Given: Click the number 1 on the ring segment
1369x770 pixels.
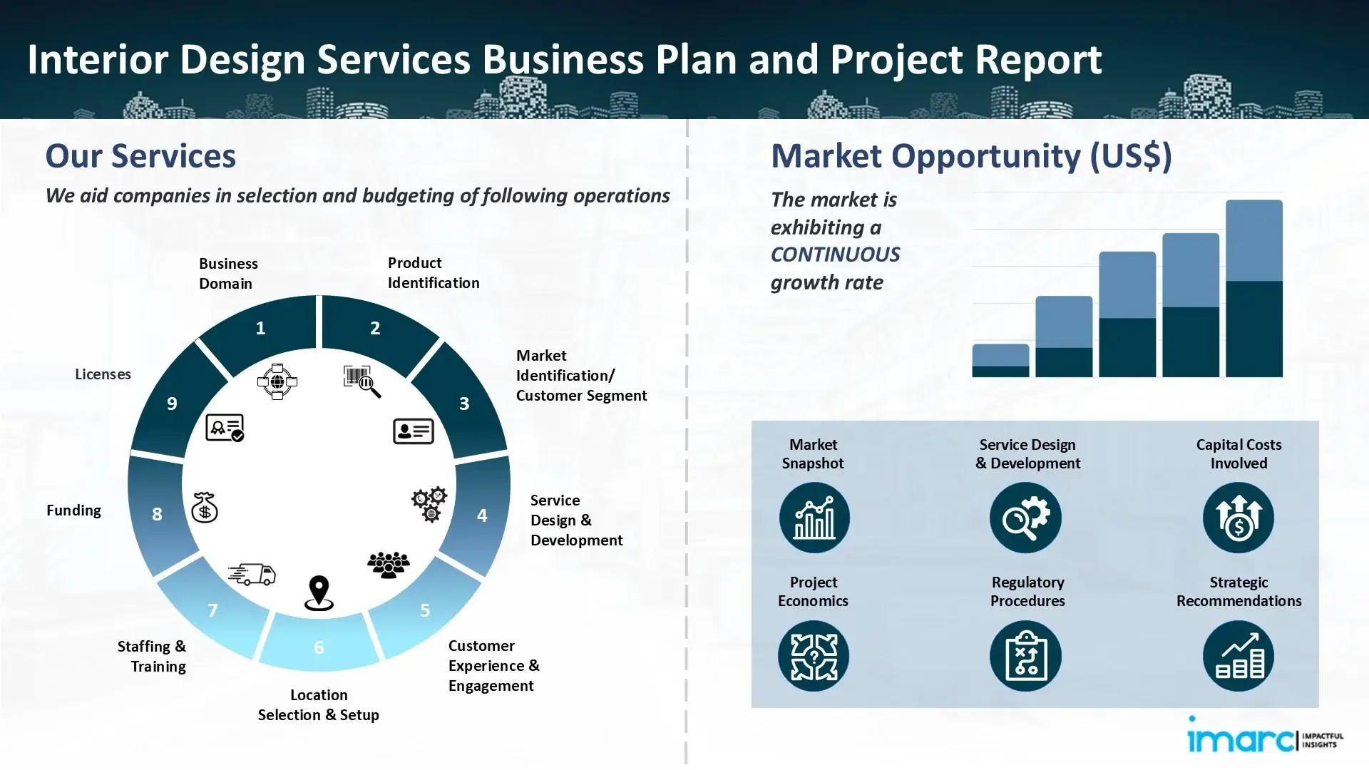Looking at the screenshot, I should [260, 328].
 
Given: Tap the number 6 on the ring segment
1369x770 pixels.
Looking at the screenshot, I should [319, 647].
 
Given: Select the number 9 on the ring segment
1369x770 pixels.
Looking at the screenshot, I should [172, 404].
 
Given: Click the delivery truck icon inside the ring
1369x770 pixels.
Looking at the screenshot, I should [252, 574].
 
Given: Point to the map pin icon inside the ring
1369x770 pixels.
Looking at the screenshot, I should [319, 593].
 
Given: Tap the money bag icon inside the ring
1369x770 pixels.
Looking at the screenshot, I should [205, 508].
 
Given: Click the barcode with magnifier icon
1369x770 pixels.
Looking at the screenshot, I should [362, 381].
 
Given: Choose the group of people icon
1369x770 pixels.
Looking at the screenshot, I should [389, 565].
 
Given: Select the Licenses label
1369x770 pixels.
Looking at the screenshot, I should [103, 374].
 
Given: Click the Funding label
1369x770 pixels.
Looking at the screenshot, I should [73, 510].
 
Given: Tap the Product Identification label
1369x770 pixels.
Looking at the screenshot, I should [433, 273].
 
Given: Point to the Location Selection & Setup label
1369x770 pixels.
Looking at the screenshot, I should [318, 705].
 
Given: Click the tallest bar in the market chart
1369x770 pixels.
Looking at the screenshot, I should [1253, 288].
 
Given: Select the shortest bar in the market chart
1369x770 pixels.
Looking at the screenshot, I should [1000, 361].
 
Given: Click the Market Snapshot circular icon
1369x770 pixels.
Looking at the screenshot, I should [814, 518].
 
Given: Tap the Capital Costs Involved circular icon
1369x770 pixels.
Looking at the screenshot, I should [1238, 518].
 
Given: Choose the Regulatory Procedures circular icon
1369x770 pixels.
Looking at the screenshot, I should [1025, 656].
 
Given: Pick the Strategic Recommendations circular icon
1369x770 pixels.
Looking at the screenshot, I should [1238, 656].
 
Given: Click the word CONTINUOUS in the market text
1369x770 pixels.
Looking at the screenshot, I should [835, 255].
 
